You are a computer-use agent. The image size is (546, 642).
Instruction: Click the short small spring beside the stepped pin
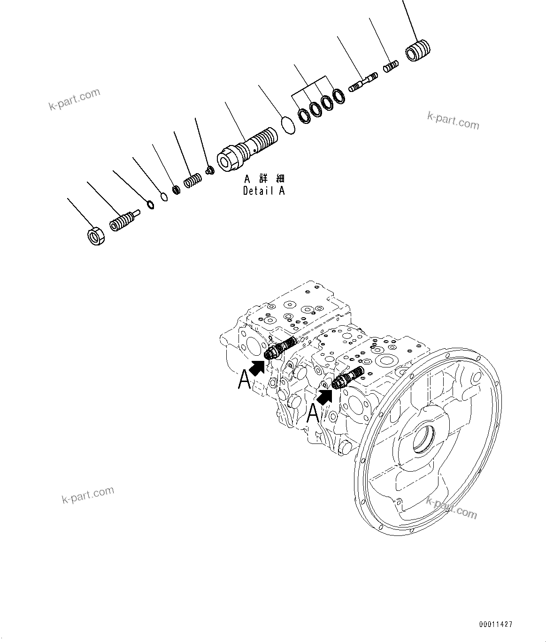(x=391, y=67)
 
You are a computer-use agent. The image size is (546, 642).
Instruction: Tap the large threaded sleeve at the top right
(x=418, y=50)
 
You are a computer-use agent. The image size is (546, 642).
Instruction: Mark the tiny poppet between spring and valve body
(x=210, y=169)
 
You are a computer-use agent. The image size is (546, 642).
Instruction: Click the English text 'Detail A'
(x=263, y=191)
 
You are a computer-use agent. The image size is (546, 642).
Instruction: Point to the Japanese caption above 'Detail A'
(x=264, y=179)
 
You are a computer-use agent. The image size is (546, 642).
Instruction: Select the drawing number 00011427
(x=496, y=624)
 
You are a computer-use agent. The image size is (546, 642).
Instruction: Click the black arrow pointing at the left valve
(x=256, y=367)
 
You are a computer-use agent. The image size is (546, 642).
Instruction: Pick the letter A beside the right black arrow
(x=313, y=413)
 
